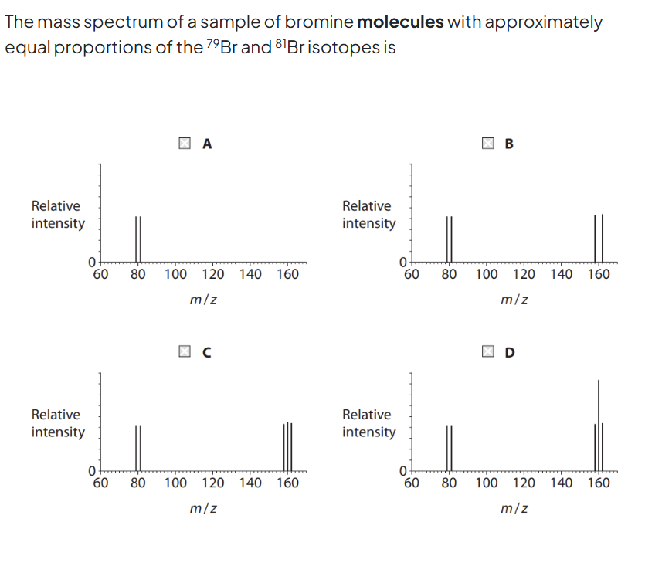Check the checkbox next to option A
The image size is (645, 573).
point(184,142)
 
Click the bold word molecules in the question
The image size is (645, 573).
point(400,22)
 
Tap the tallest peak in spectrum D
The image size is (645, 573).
point(598,402)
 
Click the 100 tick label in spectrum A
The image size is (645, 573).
point(175,274)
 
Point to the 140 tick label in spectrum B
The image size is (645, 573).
point(562,274)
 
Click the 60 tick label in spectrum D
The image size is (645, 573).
point(412,484)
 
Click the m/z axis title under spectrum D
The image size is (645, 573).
point(514,508)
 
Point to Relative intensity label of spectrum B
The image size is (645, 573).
point(368,215)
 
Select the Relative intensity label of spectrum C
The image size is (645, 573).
point(57,423)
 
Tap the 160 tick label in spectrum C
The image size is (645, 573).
point(287,484)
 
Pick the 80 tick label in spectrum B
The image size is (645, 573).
point(449,274)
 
